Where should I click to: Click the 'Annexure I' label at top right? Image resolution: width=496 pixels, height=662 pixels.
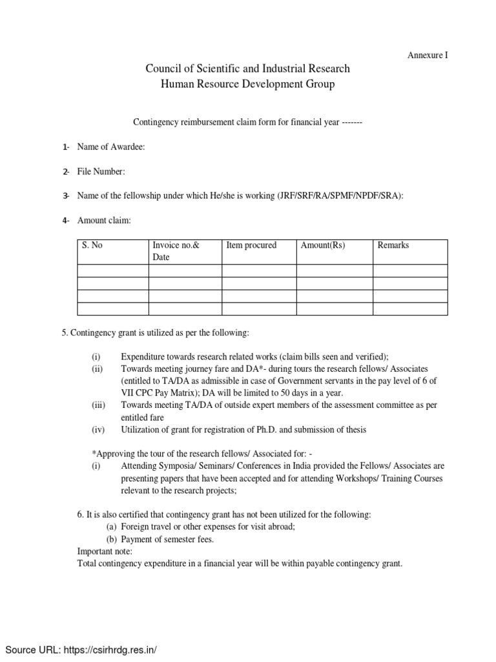(427, 56)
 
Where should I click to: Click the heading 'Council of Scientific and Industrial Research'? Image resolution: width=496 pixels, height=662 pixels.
(247, 69)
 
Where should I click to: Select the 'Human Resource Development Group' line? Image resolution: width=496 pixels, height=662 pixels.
(247, 85)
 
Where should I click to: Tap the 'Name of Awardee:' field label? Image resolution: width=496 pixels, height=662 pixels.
(110, 147)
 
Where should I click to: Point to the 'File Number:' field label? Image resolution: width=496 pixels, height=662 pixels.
(101, 171)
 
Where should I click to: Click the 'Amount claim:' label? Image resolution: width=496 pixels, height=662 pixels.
(103, 220)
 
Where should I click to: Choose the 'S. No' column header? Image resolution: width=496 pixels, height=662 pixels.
(92, 246)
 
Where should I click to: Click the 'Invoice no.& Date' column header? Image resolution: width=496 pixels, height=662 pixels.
(176, 251)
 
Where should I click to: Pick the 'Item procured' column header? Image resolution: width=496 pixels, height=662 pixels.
(251, 246)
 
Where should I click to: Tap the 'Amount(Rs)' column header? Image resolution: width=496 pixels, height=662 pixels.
(324, 246)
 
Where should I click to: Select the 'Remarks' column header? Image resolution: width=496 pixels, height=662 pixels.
(393, 246)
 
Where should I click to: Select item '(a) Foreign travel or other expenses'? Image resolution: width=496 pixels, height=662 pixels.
(201, 526)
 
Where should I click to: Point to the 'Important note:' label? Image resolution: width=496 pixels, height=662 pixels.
(105, 551)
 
